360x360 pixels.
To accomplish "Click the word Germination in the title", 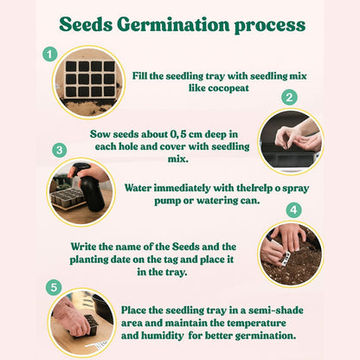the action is [173, 24].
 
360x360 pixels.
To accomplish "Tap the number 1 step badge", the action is [50, 55].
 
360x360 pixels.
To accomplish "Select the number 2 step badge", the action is [289, 98].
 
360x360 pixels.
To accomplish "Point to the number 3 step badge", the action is [60, 150].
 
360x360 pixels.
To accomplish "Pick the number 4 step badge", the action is [293, 209].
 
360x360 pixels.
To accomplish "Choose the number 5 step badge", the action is [54, 287].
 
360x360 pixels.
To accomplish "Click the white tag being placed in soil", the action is [284, 257].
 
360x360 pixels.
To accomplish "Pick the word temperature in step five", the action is [256, 324].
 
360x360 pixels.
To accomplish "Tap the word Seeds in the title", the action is [86, 24].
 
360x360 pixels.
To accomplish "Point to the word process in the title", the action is [270, 26].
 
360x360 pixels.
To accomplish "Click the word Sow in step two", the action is [100, 134].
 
